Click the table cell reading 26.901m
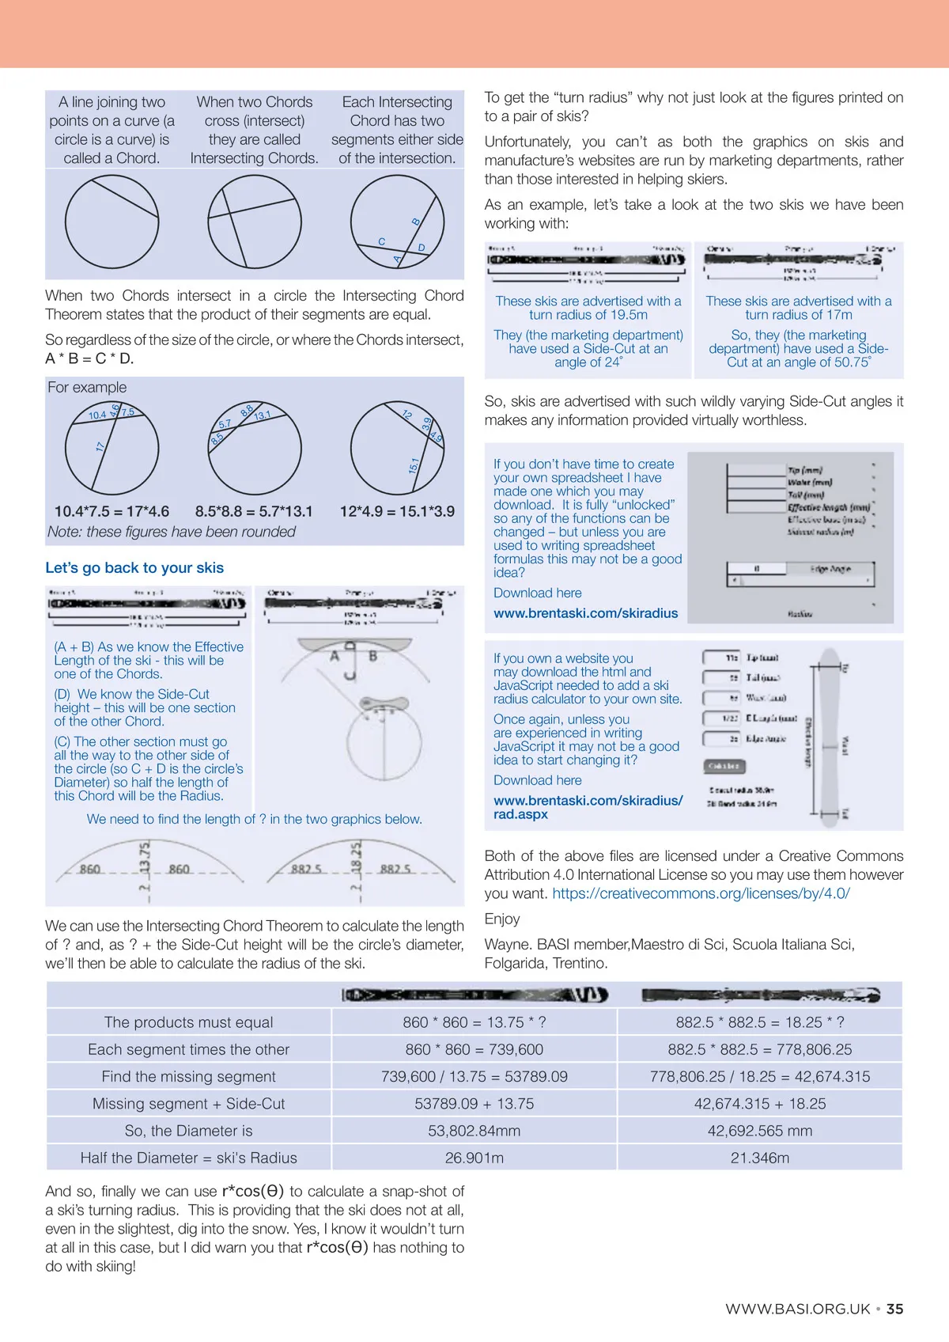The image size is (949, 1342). [x=475, y=1158]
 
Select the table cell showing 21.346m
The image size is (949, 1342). [x=759, y=1158]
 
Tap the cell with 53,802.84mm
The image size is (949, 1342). [x=475, y=1131]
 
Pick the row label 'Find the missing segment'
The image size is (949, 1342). [x=189, y=1076]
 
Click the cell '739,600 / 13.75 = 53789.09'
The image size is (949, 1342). [x=475, y=1076]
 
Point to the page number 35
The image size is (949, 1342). [x=894, y=1309]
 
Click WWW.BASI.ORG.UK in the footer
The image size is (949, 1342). [x=797, y=1309]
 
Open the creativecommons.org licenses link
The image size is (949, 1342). [x=701, y=893]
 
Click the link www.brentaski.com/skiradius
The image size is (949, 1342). [x=585, y=613]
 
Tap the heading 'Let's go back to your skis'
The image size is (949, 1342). [x=134, y=567]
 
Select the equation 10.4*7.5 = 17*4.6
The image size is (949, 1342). [x=112, y=511]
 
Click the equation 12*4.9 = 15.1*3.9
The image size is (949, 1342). [x=397, y=511]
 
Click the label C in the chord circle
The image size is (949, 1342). [x=382, y=241]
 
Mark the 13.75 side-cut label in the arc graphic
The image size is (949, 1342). [x=145, y=857]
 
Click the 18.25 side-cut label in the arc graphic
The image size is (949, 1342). [x=357, y=857]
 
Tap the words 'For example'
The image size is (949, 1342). [x=87, y=387]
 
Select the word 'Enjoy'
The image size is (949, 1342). [x=502, y=919]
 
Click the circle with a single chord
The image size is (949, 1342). [x=112, y=222]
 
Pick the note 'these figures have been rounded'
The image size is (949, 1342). [x=172, y=532]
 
